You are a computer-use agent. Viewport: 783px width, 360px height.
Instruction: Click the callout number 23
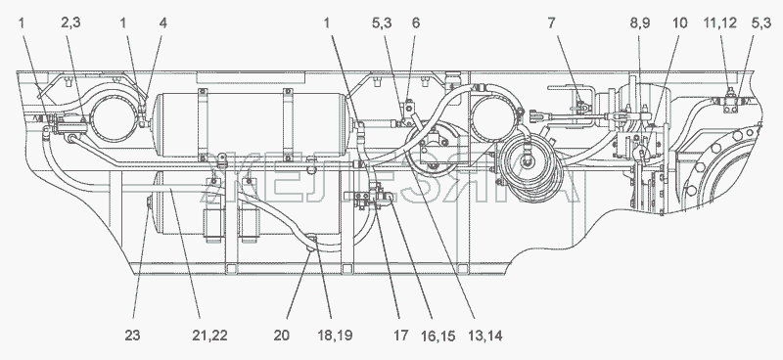[x=132, y=335]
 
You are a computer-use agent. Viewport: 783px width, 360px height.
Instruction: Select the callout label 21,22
[x=209, y=335]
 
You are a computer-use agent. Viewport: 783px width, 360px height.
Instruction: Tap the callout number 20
[x=282, y=335]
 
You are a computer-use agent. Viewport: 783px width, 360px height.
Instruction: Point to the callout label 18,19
[x=335, y=335]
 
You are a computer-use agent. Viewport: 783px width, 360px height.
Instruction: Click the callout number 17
[x=400, y=335]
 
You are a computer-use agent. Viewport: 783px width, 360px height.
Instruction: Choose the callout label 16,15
[x=438, y=335]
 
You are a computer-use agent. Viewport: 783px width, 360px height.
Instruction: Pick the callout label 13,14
[x=484, y=335]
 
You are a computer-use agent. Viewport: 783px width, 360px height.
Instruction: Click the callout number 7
[x=551, y=22]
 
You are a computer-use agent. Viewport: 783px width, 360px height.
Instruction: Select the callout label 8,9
[x=640, y=22]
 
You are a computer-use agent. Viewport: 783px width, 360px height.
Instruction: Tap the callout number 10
[x=679, y=22]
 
